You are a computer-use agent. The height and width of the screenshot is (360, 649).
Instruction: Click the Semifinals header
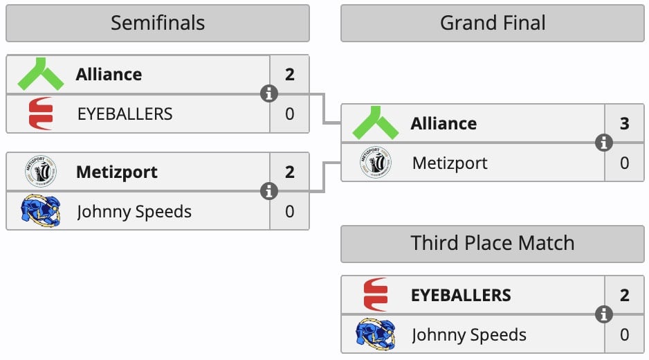click(158, 23)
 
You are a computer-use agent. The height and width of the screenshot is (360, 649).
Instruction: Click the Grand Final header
click(493, 23)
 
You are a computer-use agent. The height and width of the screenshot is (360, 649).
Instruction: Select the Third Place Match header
click(493, 243)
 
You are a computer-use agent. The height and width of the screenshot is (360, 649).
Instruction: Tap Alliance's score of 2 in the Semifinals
click(289, 74)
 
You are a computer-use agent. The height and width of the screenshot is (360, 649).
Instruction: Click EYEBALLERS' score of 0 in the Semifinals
click(289, 114)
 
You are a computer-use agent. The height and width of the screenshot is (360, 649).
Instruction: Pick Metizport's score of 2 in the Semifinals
click(289, 172)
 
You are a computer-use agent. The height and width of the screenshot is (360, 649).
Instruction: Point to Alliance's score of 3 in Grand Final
click(624, 123)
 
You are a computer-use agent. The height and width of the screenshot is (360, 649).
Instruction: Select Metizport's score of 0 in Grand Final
click(624, 163)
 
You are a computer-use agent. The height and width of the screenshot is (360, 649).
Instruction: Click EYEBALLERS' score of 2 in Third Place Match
click(624, 295)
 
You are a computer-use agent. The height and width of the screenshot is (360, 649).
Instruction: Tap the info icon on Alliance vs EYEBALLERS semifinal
click(269, 93)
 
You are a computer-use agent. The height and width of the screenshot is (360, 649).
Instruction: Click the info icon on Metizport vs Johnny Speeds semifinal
click(269, 191)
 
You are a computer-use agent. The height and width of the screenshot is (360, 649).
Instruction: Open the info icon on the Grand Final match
click(604, 143)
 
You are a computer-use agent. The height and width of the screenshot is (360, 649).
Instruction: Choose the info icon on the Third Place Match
click(604, 314)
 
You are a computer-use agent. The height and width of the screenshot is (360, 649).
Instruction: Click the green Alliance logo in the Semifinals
click(41, 74)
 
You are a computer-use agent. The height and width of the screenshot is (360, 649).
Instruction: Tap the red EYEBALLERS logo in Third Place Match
click(376, 295)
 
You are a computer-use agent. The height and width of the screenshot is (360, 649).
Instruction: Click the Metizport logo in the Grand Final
click(376, 163)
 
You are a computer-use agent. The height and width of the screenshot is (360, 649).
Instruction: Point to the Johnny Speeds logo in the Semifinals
click(41, 211)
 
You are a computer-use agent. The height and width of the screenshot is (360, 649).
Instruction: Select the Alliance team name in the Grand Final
click(444, 123)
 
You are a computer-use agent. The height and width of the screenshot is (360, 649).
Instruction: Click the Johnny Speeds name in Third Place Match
click(469, 335)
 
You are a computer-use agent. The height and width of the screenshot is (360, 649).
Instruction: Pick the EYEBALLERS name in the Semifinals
click(125, 114)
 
